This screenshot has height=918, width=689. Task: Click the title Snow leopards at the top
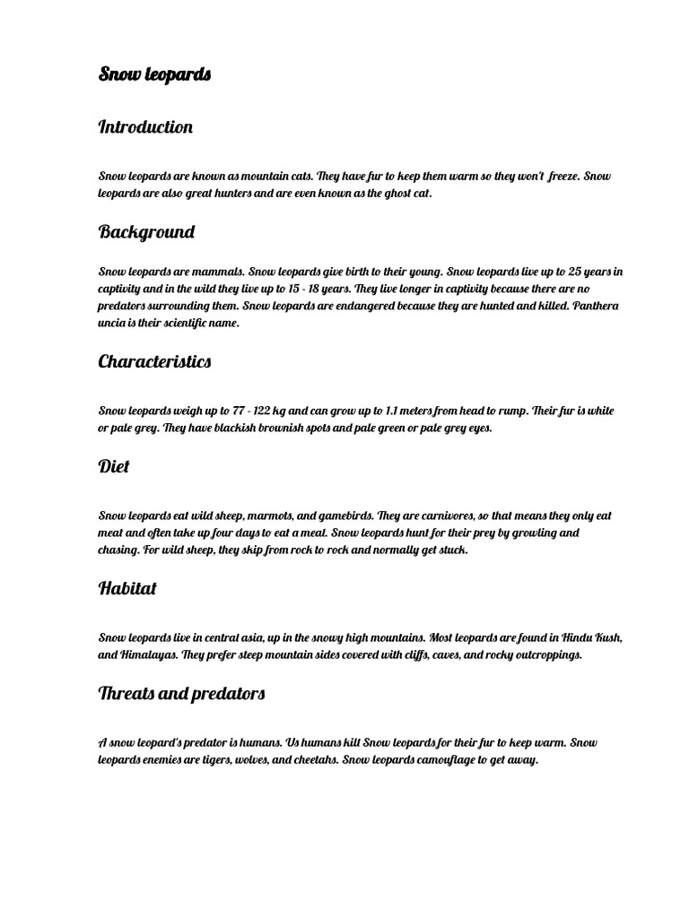pos(154,74)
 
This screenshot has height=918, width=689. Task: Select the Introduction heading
pos(145,127)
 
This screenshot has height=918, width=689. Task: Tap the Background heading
pos(146,232)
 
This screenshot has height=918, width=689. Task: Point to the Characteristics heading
pos(154,362)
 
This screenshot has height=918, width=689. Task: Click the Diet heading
pos(114,467)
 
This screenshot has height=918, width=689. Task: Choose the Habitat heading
pos(127,589)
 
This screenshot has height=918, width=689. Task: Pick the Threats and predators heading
pos(181,694)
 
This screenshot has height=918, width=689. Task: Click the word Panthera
pos(594,307)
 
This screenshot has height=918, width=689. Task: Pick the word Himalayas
pos(146,655)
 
